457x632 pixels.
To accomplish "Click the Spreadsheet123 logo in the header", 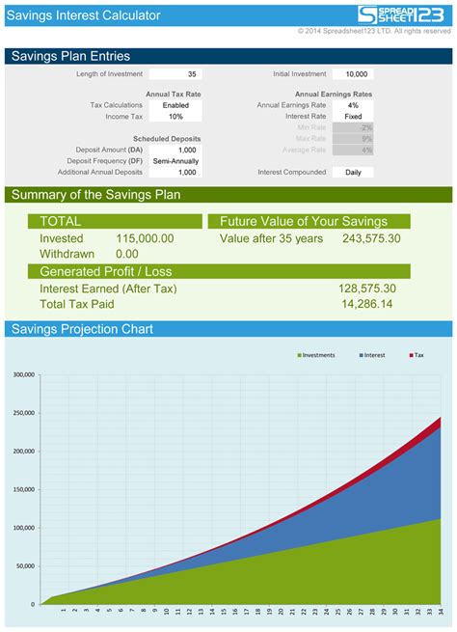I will [x=404, y=14].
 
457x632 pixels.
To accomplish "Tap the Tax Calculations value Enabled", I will [x=175, y=105].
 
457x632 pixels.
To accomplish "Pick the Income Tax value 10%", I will [x=175, y=117].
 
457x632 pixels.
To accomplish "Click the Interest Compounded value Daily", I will [x=353, y=172].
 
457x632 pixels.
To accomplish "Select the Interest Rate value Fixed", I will [x=353, y=117].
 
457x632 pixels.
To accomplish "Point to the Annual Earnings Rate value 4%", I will [x=353, y=105].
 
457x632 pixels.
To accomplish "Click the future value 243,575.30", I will [x=371, y=238].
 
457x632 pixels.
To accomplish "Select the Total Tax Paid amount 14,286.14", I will [x=367, y=304].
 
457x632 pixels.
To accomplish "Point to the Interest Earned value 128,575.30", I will [x=367, y=289].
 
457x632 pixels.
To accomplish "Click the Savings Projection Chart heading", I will [x=82, y=329].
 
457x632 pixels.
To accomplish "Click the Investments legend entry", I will [x=318, y=355].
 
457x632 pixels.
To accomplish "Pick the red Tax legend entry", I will [x=417, y=355].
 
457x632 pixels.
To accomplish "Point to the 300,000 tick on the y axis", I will [x=22, y=374].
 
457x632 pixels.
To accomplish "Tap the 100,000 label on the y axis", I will [x=22, y=528].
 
